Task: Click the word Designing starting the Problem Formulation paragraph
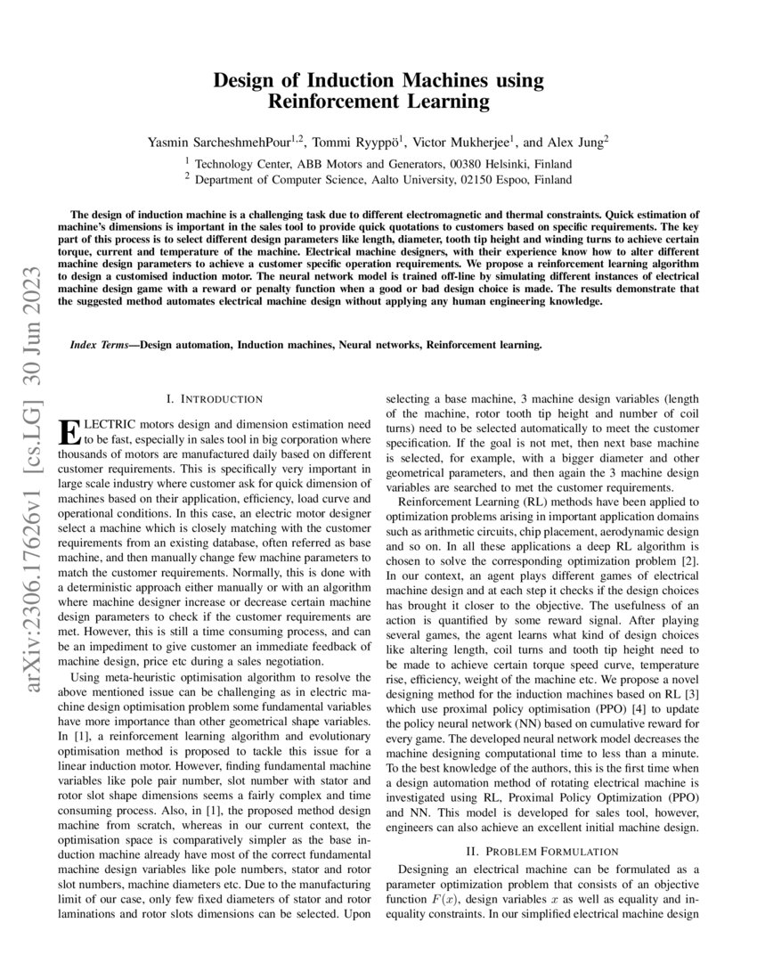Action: point(429,870)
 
